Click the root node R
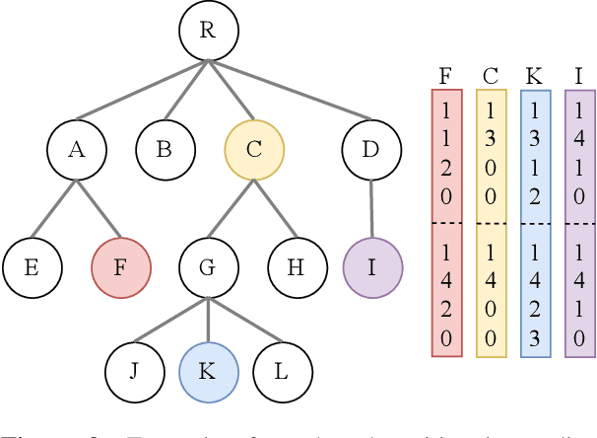(207, 31)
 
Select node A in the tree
(77, 149)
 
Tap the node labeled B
(166, 149)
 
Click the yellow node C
(254, 149)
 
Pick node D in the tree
(371, 149)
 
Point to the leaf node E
(32, 266)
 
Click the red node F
(120, 266)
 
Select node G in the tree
(209, 266)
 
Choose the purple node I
(372, 266)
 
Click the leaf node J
(135, 372)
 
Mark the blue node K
(209, 372)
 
